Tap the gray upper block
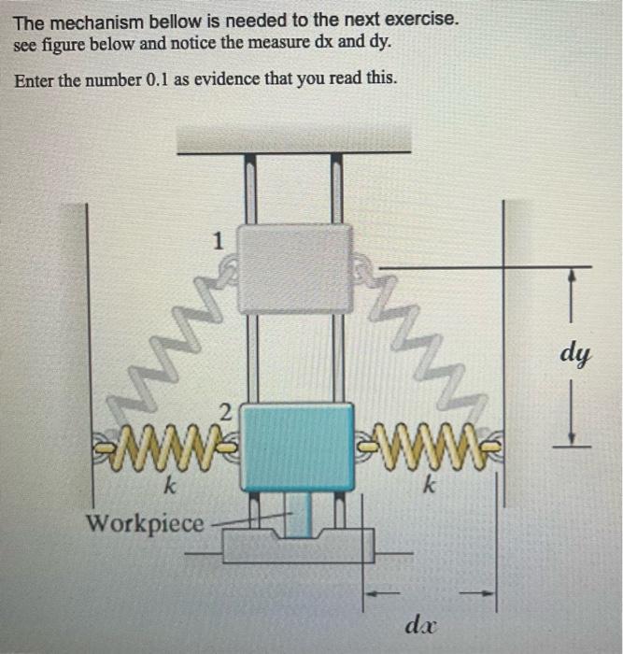coord(295,268)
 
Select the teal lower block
coord(298,447)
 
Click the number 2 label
coord(224,412)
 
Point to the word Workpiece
coord(145,523)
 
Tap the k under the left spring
coord(169,487)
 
